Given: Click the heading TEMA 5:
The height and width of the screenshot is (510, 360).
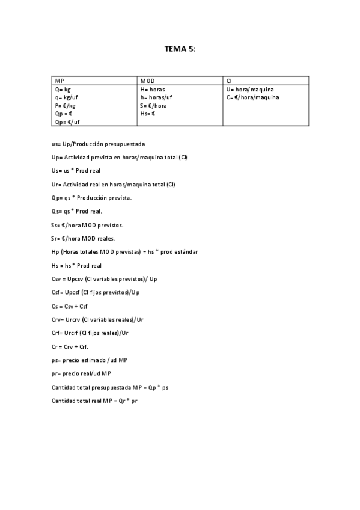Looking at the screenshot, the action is coord(180,50).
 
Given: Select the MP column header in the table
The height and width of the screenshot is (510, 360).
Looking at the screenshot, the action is coord(59,81).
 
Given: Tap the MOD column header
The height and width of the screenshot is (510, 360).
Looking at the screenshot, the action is coord(147,81).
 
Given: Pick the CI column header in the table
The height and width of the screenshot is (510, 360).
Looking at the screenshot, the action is coord(229,81).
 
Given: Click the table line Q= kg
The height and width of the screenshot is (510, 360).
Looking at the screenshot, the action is coord(63,89).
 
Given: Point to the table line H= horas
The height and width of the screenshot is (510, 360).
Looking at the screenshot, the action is coord(153,89).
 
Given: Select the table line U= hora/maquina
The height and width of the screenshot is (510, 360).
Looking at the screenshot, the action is coord(250,89).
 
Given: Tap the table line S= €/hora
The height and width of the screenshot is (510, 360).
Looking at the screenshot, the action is coord(153,105).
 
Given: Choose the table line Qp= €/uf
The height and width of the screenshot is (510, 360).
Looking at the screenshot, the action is coord(67,121).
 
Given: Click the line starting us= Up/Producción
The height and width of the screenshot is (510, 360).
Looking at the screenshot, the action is coord(98,144).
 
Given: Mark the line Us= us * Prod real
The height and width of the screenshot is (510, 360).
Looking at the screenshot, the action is coord(81,171).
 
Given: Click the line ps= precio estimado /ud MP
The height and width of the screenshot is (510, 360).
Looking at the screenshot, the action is coord(90,360).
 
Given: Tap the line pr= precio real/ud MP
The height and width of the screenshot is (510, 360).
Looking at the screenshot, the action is coord(81,373).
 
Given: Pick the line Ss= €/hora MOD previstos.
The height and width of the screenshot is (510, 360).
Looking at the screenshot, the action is coord(87,225).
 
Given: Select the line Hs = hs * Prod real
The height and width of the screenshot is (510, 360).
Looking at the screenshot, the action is coord(77,265).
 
